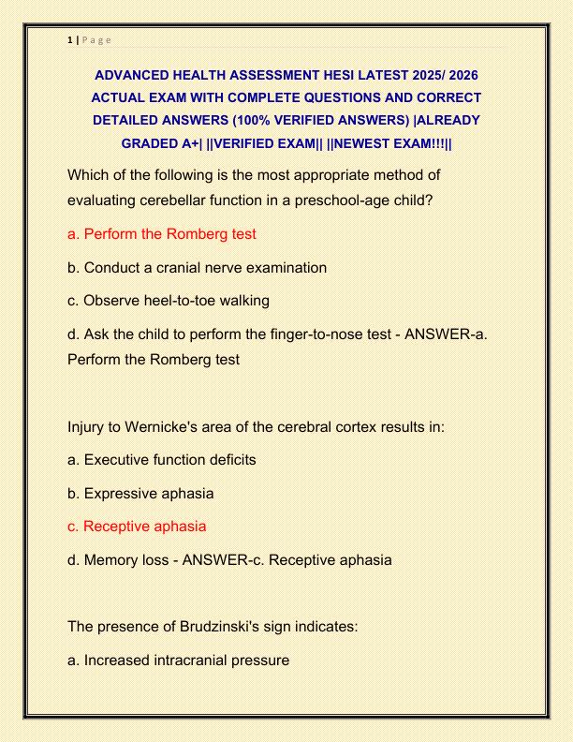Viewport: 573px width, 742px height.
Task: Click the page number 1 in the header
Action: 70,39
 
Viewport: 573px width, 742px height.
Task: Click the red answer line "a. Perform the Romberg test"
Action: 162,234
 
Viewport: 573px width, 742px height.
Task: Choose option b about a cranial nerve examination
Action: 197,267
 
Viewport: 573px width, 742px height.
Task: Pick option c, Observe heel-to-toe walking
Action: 169,301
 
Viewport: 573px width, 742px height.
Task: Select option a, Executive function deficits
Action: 161,460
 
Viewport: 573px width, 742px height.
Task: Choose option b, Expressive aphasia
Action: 140,493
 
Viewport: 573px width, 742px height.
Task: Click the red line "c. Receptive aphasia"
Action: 137,527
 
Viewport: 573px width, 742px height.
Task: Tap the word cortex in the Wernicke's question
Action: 325,426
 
